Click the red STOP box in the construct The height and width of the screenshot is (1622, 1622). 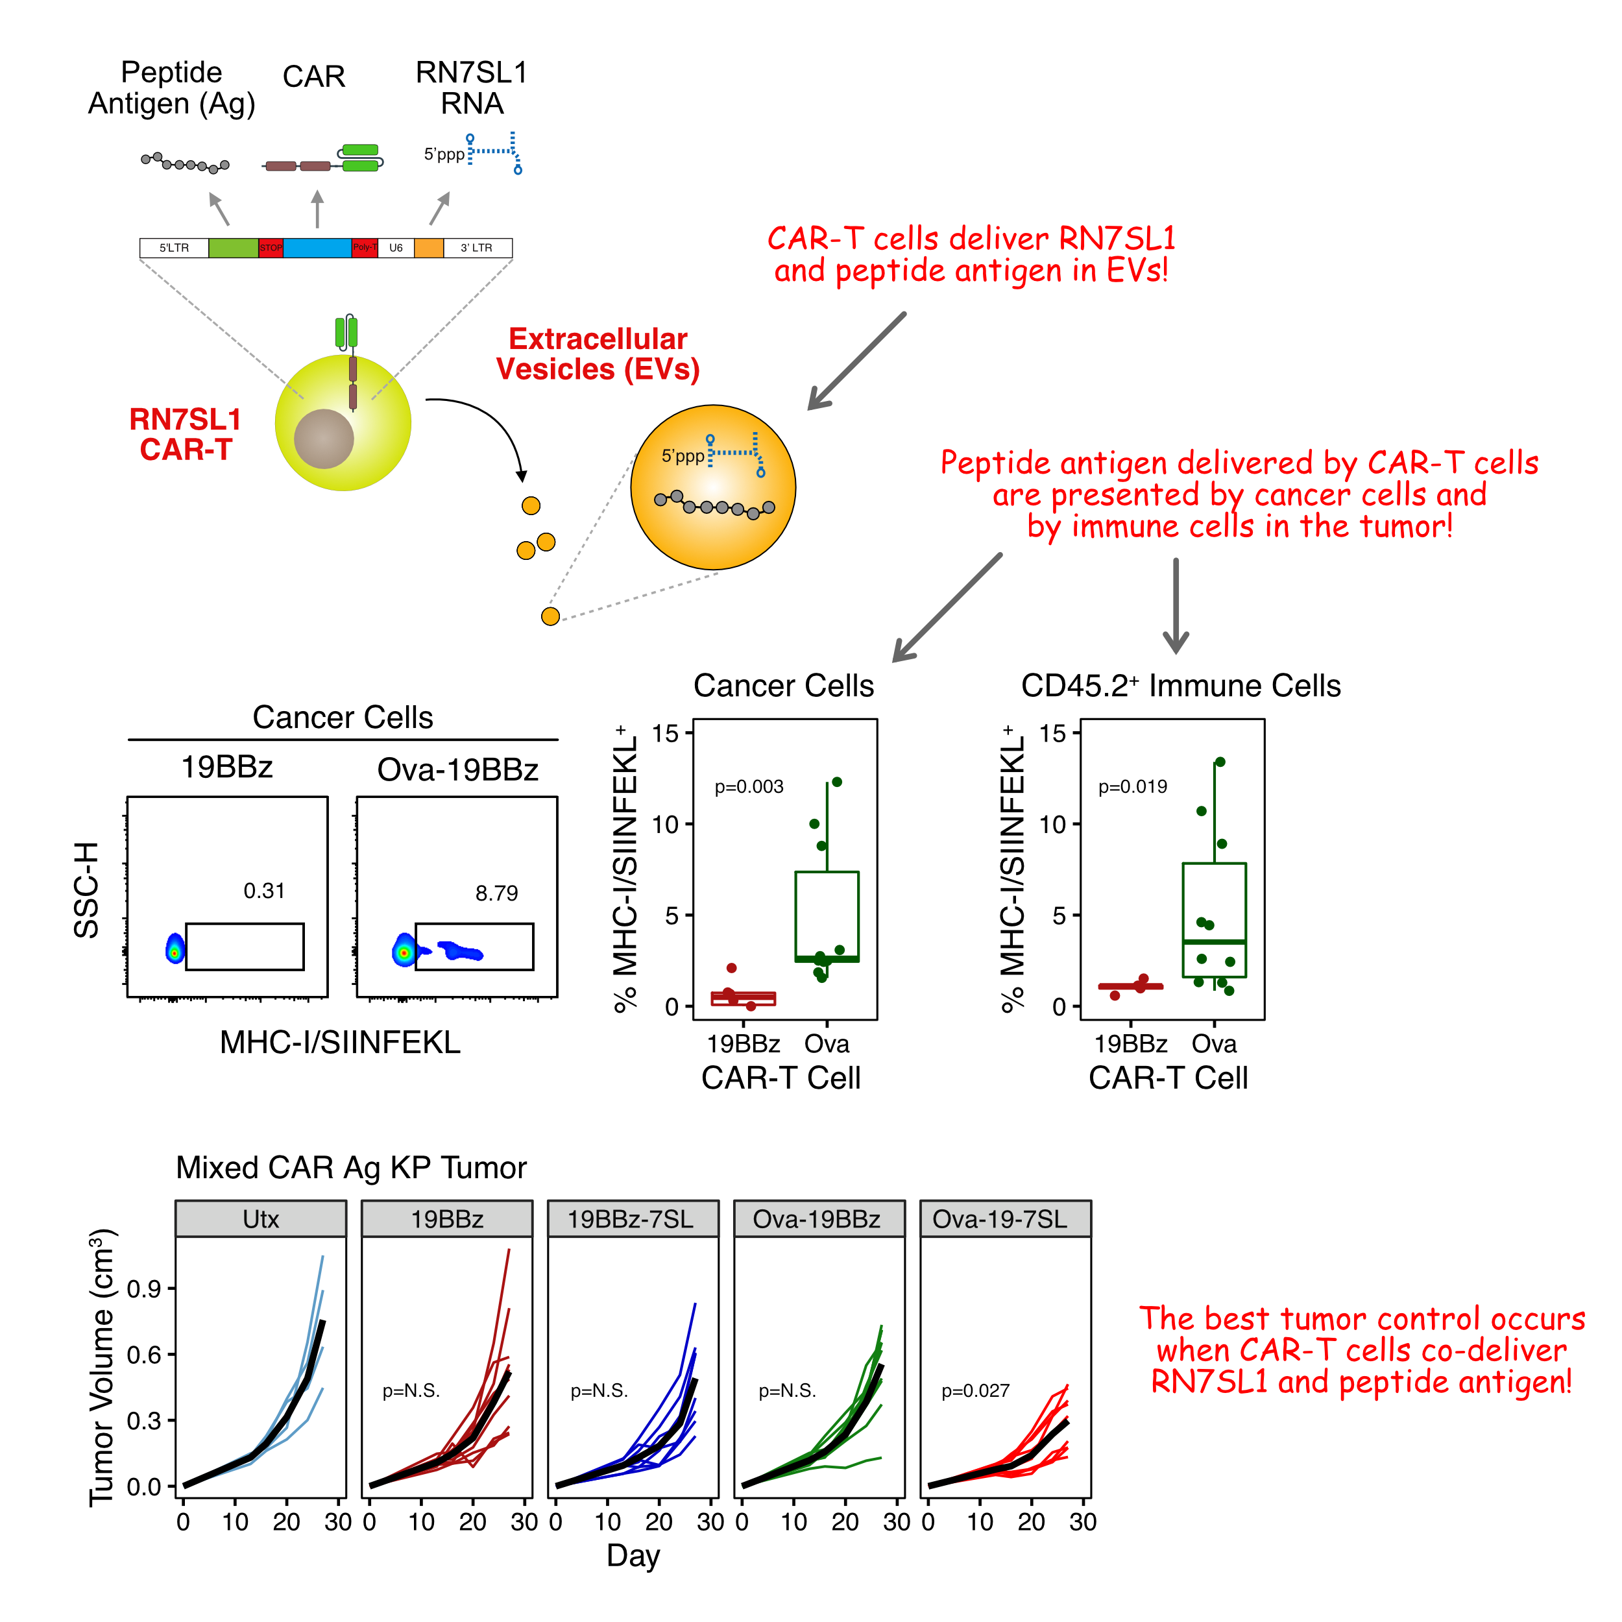[x=271, y=248]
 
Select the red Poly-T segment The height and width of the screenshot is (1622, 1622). [x=365, y=248]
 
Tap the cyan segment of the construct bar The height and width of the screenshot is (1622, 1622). [x=317, y=248]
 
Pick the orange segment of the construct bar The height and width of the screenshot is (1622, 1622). [x=429, y=248]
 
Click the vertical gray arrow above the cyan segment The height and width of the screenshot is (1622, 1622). [x=317, y=208]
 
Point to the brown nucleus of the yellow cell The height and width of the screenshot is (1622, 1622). [x=324, y=438]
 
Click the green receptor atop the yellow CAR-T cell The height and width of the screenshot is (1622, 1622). [x=346, y=332]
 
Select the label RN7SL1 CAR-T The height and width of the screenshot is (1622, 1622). [x=185, y=434]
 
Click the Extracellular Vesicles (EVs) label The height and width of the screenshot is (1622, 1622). [x=598, y=354]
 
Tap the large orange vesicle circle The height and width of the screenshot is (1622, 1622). [x=713, y=488]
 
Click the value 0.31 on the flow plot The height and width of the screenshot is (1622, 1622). [x=263, y=891]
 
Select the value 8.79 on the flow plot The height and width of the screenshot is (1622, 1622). [x=496, y=893]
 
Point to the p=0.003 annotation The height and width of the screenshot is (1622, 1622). [x=749, y=786]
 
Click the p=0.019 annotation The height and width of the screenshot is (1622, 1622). [x=1133, y=786]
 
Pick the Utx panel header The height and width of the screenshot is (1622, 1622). [x=261, y=1219]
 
